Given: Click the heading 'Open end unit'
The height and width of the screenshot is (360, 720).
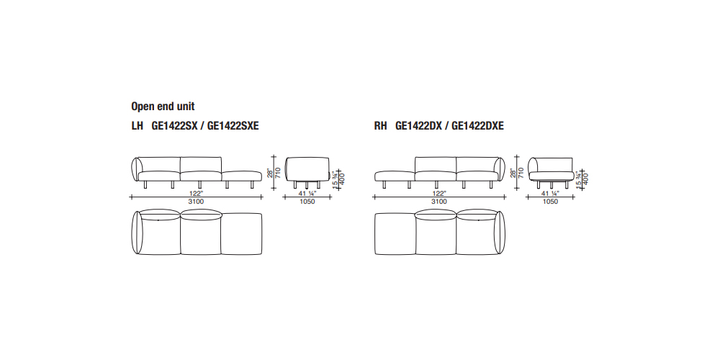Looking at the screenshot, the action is coord(163,107).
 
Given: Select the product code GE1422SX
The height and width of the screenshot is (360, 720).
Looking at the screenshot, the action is coord(174,126).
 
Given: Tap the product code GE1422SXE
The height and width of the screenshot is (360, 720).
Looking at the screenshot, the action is coord(233,126).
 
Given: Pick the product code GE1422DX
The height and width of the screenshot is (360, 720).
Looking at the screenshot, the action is coord(419,126).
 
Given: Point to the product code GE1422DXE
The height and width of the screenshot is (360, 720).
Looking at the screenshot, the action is coord(477,126).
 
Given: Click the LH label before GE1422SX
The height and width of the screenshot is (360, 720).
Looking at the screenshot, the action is coord(138,126).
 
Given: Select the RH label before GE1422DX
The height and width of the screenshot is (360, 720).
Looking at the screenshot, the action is coord(380,126).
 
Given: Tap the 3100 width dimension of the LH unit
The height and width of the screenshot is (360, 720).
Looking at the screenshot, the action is coord(196,202).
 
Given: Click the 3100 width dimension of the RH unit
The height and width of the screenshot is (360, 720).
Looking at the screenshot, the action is coord(439,202).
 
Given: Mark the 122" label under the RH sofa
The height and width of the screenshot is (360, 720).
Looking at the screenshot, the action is coord(440,193).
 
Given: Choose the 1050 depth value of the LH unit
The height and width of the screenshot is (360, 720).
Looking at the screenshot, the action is coord(307,202).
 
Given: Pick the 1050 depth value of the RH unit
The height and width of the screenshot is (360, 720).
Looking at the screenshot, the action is coord(550,202).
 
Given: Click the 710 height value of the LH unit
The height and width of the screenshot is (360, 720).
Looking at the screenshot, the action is coord(278,173).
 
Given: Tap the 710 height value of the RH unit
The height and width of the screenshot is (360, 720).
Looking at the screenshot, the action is coord(521,173).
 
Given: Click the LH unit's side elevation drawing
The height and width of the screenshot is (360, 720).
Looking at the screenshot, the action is coord(307,173).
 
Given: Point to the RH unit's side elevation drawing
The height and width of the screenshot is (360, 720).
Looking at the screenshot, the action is coord(551,173).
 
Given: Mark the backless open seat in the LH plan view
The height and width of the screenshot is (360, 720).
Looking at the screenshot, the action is coord(242,234).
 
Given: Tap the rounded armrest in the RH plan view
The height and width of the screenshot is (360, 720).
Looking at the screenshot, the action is coord(501,233).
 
